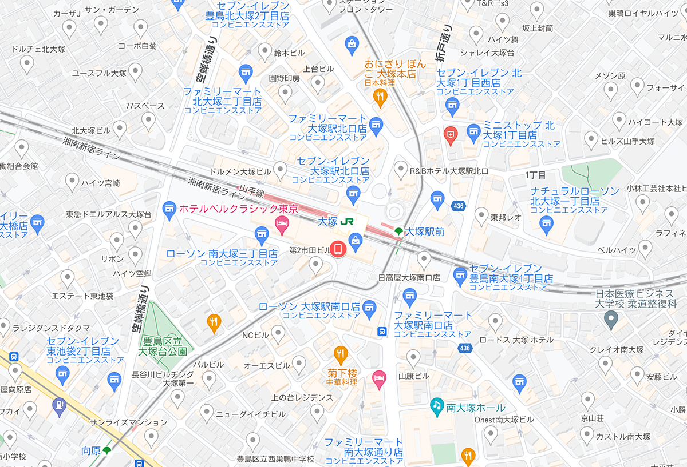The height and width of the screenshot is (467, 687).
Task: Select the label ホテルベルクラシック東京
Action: tap(239, 209)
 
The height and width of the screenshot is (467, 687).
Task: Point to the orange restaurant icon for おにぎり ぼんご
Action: tap(380, 98)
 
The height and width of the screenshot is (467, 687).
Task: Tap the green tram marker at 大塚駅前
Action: tap(398, 231)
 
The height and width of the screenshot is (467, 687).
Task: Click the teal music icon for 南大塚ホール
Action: tap(437, 406)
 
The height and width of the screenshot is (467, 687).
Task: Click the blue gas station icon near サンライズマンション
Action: tap(58, 406)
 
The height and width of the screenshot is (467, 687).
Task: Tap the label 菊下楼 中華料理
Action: tap(342, 377)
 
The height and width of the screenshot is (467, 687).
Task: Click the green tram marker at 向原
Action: tap(106, 451)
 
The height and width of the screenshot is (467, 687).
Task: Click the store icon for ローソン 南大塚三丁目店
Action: tap(261, 233)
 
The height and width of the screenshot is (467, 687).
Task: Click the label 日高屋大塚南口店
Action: tap(409, 278)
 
